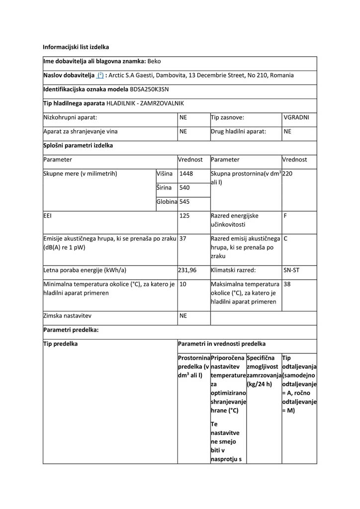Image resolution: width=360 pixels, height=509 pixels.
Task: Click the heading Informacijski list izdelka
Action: point(76,47)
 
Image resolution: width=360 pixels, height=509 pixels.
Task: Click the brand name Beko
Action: point(154,62)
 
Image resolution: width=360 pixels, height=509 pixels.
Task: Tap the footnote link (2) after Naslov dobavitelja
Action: point(100,76)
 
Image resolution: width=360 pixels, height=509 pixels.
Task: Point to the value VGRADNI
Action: point(296,118)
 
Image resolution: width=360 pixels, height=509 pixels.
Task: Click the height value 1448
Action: point(186,174)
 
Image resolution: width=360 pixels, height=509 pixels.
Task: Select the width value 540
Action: point(184,188)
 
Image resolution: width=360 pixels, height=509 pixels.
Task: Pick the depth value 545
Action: point(184,202)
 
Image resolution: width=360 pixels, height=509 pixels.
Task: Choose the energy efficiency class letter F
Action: point(285,216)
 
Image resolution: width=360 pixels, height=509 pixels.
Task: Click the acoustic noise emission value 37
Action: point(183,239)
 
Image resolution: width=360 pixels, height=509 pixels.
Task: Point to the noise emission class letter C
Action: point(286,239)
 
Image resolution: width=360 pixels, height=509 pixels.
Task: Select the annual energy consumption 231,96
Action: point(187,270)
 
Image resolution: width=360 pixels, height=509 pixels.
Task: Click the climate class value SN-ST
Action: point(291,270)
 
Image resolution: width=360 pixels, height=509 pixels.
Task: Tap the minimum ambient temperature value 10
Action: point(183,284)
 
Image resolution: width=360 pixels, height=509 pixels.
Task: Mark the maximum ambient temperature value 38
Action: point(287,284)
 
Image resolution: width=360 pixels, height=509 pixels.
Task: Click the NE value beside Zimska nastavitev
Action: point(183,316)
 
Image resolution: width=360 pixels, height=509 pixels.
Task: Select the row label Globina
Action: point(167,202)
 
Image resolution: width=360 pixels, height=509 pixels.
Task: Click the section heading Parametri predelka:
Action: point(71,330)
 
